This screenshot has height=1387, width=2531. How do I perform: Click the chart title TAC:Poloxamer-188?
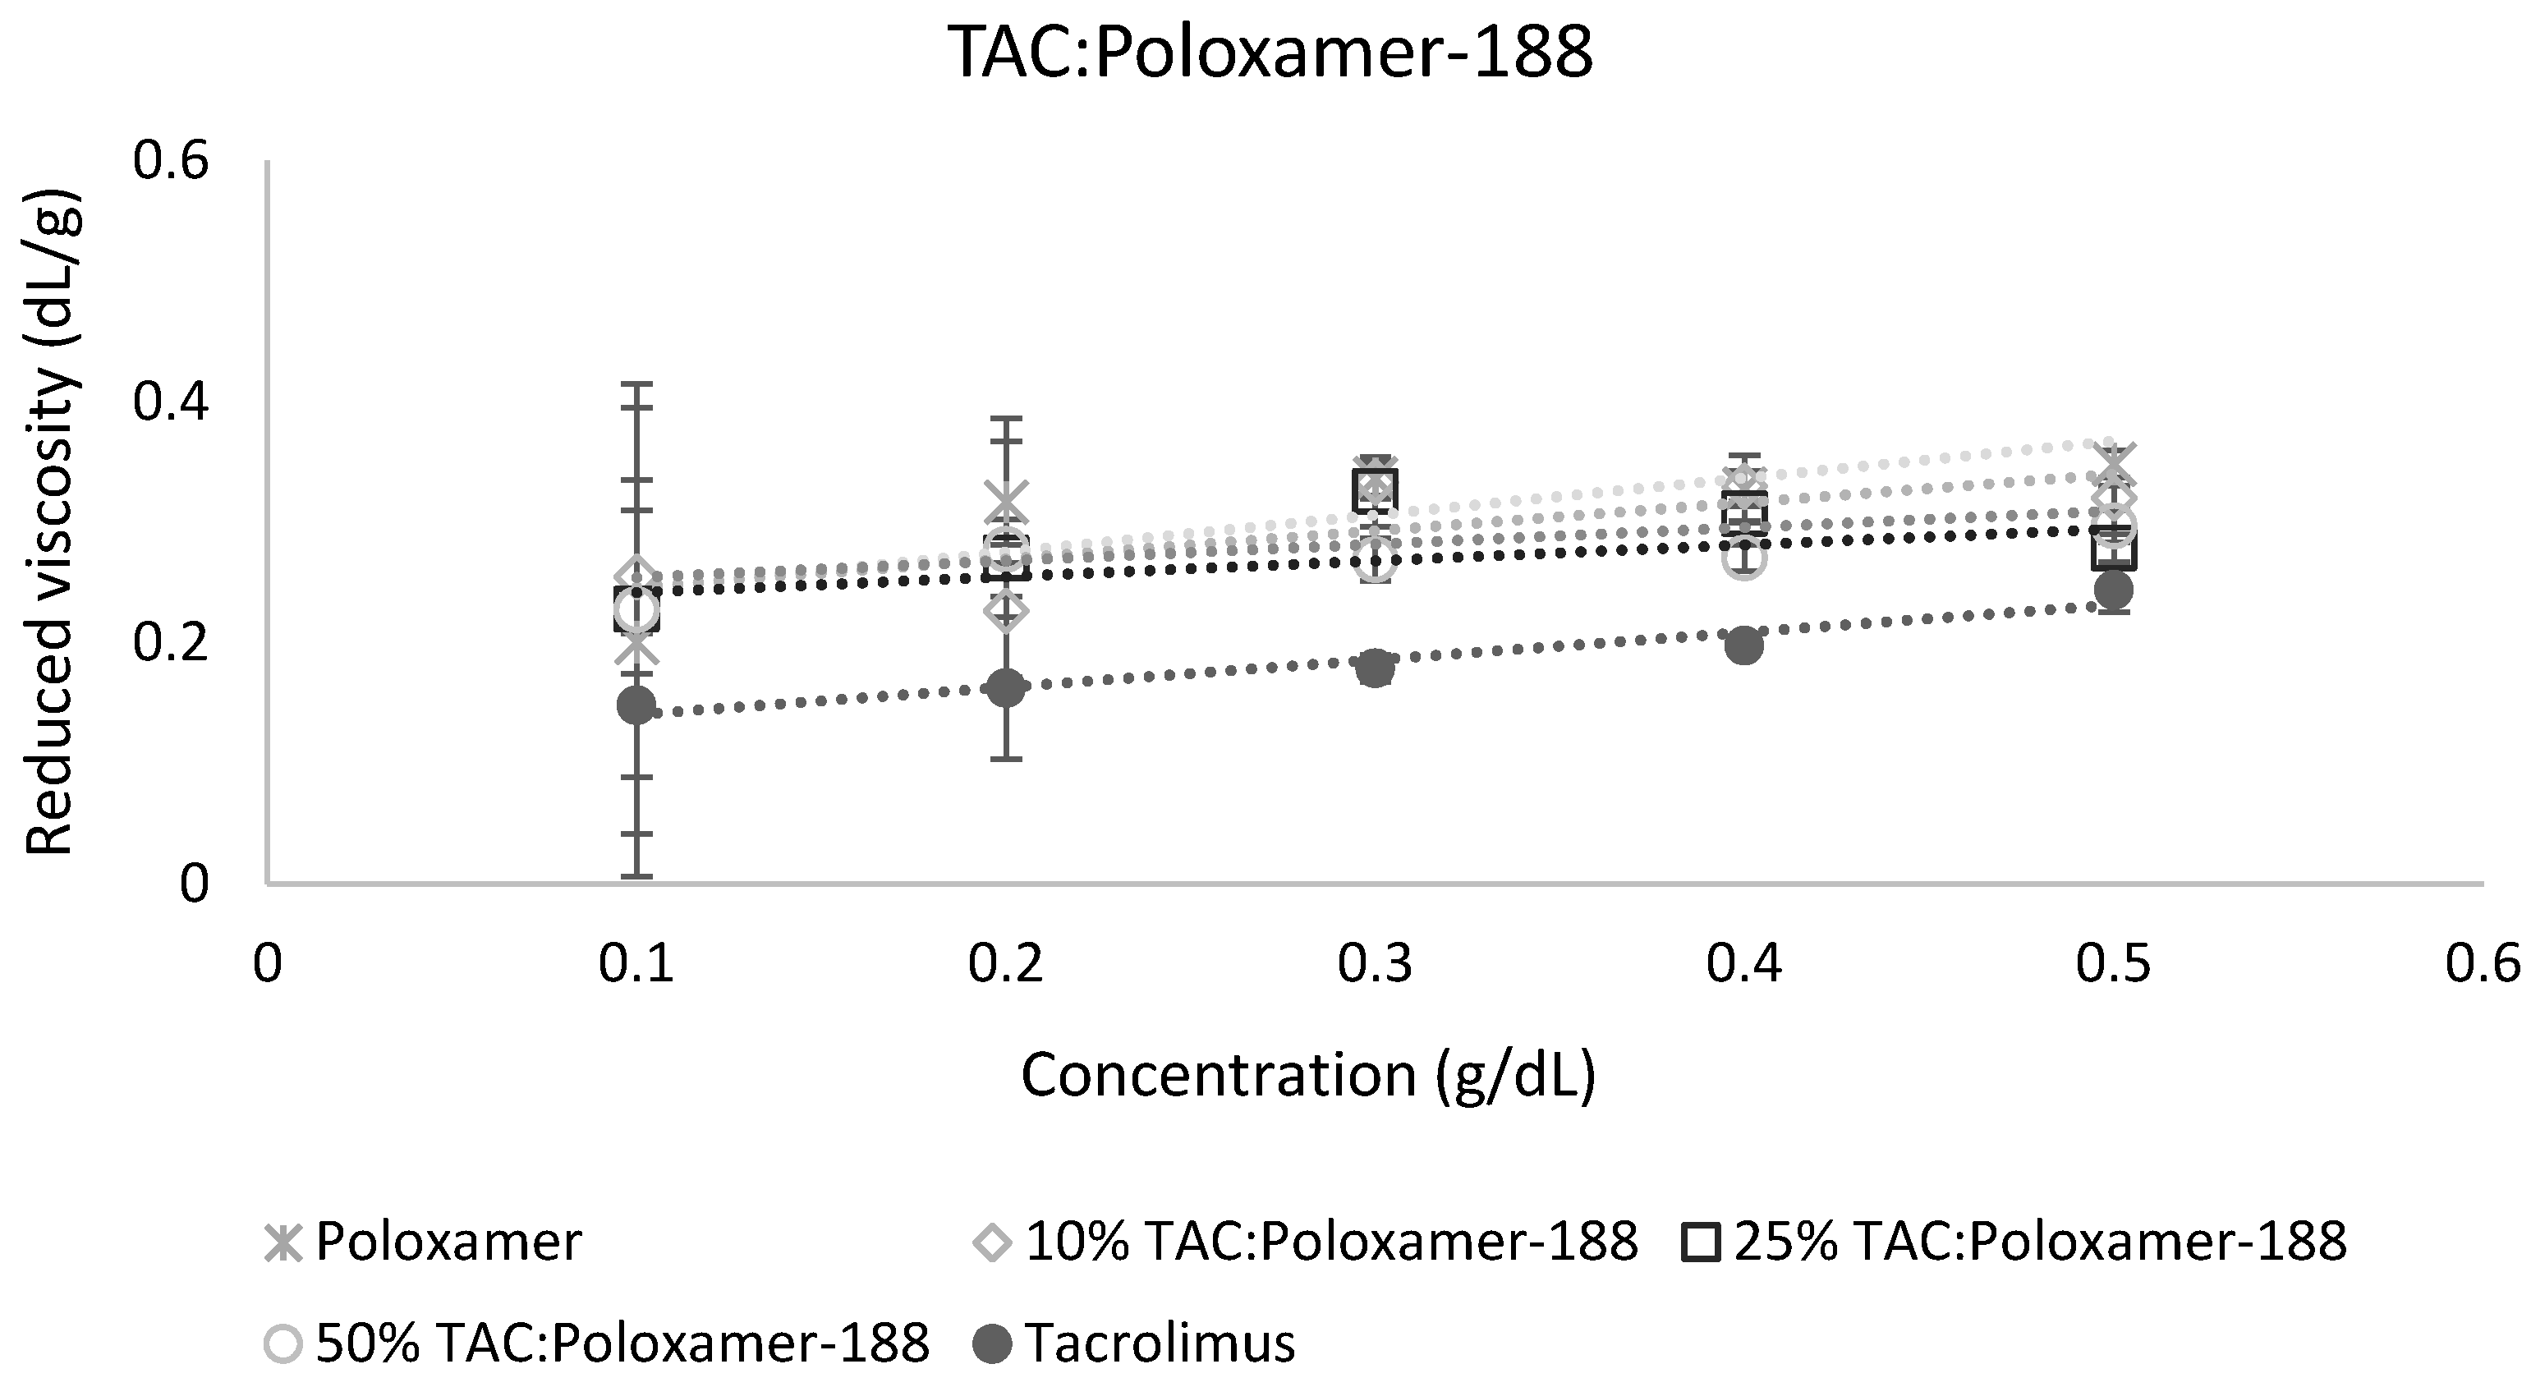point(1270,52)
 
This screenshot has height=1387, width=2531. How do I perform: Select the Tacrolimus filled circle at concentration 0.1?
point(636,705)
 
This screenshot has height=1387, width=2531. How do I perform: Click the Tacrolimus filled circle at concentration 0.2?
point(1005,687)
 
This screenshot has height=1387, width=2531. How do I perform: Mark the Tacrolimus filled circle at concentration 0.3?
point(1375,668)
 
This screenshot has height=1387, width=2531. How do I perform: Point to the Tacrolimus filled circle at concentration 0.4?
point(1744,646)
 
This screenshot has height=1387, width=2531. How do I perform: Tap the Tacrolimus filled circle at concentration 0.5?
point(2114,590)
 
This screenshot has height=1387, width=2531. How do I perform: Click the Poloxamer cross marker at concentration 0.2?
point(1005,502)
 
